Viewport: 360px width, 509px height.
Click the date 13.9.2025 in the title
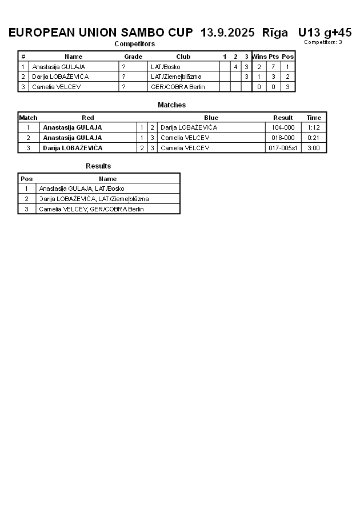pyautogui.click(x=227, y=33)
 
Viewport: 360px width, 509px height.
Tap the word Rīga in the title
pyautogui.click(x=275, y=33)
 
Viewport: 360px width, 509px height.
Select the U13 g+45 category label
pyautogui.click(x=325, y=33)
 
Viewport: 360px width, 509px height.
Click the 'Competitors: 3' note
pyautogui.click(x=323, y=42)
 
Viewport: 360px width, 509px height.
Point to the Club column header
pyautogui.click(x=183, y=57)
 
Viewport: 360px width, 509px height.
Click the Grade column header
pyautogui.click(x=133, y=57)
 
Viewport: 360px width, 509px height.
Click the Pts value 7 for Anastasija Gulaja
pyautogui.click(x=273, y=67)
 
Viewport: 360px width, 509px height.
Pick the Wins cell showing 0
pyautogui.click(x=259, y=87)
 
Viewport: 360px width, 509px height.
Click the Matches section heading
pyautogui.click(x=171, y=105)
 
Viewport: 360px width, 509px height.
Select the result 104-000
pyautogui.click(x=283, y=127)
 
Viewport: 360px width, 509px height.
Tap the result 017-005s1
pyautogui.click(x=283, y=148)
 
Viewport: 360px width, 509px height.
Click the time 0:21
pyautogui.click(x=314, y=138)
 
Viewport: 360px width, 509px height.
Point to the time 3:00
pyautogui.click(x=314, y=148)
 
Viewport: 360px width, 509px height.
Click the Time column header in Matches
pyautogui.click(x=314, y=118)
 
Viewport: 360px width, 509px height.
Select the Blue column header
pyautogui.click(x=211, y=118)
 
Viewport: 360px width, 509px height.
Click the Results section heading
pyautogui.click(x=98, y=166)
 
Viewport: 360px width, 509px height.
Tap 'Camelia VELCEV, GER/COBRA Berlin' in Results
pyautogui.click(x=91, y=209)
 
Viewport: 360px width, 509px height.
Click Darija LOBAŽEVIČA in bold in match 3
pyautogui.click(x=73, y=148)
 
